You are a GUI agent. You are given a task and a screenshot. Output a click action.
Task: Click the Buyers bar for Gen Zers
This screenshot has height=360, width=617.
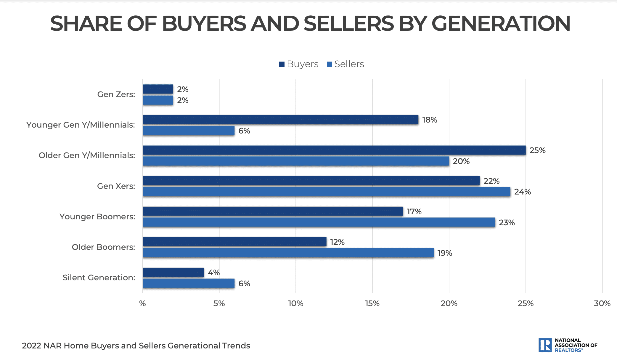tap(158, 89)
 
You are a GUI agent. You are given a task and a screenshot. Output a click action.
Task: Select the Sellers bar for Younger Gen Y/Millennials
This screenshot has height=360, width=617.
tap(189, 131)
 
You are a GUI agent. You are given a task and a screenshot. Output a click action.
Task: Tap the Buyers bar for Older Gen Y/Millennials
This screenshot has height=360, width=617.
tap(334, 150)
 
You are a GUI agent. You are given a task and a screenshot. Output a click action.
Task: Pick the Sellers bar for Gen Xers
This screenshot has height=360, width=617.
tap(326, 192)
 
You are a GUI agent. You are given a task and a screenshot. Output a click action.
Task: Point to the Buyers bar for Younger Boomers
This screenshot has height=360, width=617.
tap(273, 211)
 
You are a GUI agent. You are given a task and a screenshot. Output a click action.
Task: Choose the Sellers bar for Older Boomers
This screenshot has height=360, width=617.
tap(288, 253)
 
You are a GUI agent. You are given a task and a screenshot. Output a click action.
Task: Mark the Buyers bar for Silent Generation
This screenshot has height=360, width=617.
tap(173, 272)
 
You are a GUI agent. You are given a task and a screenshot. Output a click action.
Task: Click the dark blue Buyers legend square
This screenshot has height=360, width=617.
tap(282, 64)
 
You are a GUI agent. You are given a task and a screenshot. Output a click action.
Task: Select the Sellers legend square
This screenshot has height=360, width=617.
tap(329, 64)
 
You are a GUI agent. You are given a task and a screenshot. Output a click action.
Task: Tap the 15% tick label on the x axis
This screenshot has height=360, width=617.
tap(372, 303)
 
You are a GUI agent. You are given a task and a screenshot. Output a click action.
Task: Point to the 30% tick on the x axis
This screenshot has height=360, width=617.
tap(602, 303)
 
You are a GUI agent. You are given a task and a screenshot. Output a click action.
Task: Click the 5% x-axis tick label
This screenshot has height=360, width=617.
tap(219, 303)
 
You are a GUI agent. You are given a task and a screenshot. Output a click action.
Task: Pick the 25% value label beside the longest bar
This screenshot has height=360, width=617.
tap(537, 150)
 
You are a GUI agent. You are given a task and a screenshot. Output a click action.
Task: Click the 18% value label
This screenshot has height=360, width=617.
tap(430, 120)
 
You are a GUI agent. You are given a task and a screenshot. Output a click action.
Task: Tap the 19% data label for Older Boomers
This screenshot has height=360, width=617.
tap(445, 253)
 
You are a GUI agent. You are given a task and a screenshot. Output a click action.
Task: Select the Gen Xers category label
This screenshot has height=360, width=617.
tap(116, 186)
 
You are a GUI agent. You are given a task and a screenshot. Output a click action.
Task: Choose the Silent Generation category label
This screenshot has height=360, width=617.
tap(99, 278)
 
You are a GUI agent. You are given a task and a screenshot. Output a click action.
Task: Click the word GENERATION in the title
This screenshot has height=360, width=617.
tap(501, 23)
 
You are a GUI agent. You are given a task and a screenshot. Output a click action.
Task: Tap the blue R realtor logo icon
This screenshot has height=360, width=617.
tap(545, 345)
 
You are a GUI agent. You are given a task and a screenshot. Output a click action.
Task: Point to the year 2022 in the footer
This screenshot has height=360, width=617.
tap(31, 346)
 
